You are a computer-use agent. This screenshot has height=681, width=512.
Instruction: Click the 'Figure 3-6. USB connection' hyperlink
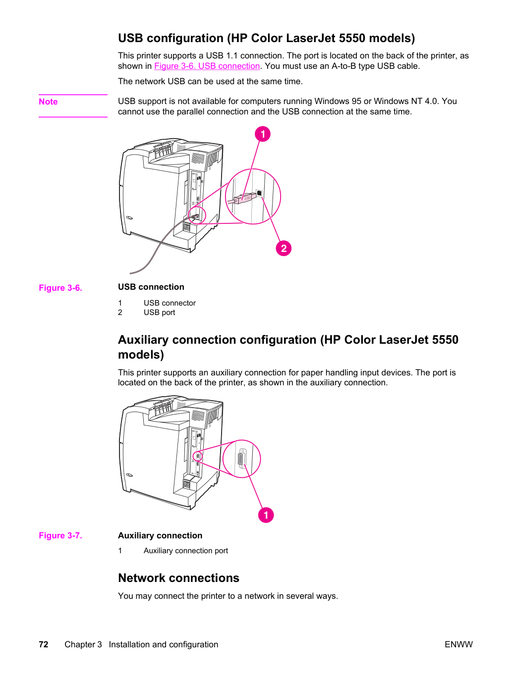(207, 66)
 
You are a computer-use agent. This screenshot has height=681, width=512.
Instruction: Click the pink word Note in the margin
(48, 102)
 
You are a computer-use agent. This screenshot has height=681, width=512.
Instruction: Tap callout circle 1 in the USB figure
(262, 134)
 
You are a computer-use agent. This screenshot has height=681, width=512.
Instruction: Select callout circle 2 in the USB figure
(284, 248)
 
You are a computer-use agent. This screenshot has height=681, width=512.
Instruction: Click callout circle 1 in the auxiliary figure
(266, 515)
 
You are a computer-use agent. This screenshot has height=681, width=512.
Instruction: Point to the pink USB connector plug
(245, 198)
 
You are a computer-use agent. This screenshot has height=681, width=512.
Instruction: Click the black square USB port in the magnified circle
(259, 193)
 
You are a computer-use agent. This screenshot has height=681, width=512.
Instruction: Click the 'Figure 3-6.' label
(60, 288)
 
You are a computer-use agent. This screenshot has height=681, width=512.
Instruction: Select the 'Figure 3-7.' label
(60, 535)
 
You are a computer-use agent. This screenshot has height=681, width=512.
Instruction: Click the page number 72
(44, 644)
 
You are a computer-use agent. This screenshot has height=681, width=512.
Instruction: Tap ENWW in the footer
(458, 644)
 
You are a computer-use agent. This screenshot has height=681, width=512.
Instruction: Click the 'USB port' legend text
(159, 313)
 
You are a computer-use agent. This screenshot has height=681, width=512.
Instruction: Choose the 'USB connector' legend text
(170, 303)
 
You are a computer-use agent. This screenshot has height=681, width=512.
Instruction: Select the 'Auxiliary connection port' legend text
(186, 551)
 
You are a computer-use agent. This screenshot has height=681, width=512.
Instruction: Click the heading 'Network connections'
(178, 578)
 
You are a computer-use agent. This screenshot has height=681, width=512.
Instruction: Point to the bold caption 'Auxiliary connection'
(160, 535)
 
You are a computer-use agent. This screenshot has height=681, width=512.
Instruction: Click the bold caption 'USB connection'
(151, 287)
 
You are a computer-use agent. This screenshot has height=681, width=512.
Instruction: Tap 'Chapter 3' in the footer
(83, 644)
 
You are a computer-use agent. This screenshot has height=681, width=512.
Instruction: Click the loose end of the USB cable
(130, 273)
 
